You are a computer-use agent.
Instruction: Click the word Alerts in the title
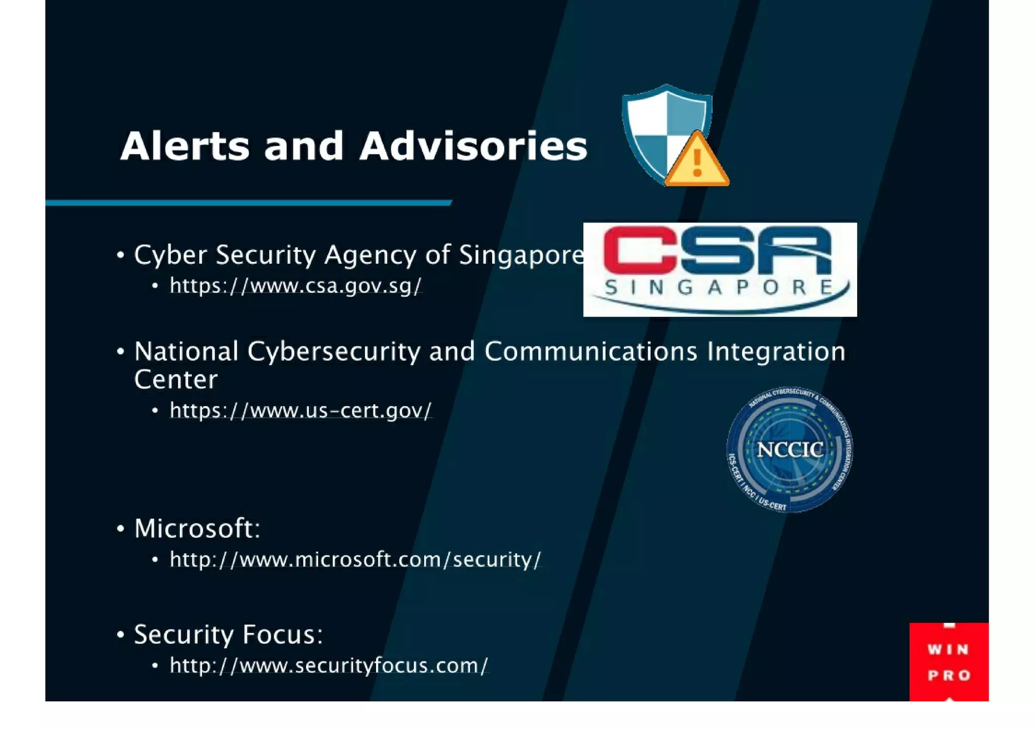(184, 146)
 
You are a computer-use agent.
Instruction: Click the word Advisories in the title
(473, 146)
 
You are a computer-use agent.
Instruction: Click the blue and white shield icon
(656, 126)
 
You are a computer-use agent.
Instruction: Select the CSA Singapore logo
(719, 269)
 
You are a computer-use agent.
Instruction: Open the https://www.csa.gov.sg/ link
(295, 286)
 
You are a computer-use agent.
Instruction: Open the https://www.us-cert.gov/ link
(300, 411)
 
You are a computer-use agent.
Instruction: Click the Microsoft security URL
(355, 559)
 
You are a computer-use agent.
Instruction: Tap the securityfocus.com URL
(329, 665)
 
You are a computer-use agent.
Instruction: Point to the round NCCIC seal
(789, 450)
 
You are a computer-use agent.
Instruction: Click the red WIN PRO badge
(948, 661)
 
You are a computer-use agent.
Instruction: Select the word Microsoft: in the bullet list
(197, 529)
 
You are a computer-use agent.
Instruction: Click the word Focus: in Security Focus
(282, 634)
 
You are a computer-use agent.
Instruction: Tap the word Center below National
(176, 379)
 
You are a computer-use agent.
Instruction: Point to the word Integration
(776, 351)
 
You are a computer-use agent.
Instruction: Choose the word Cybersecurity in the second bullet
(333, 352)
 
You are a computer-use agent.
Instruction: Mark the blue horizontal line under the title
(248, 203)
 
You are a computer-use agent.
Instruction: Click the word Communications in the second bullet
(590, 351)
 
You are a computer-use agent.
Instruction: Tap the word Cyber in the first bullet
(170, 255)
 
